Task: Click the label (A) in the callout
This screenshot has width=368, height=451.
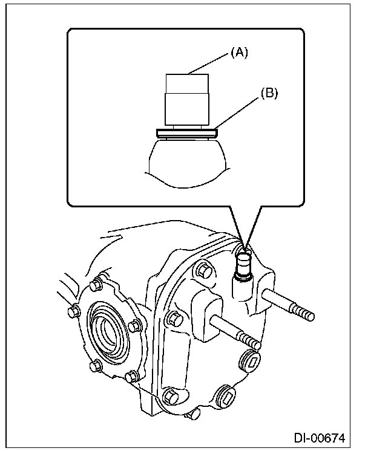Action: click(239, 53)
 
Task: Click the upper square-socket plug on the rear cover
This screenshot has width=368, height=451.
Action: click(252, 362)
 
